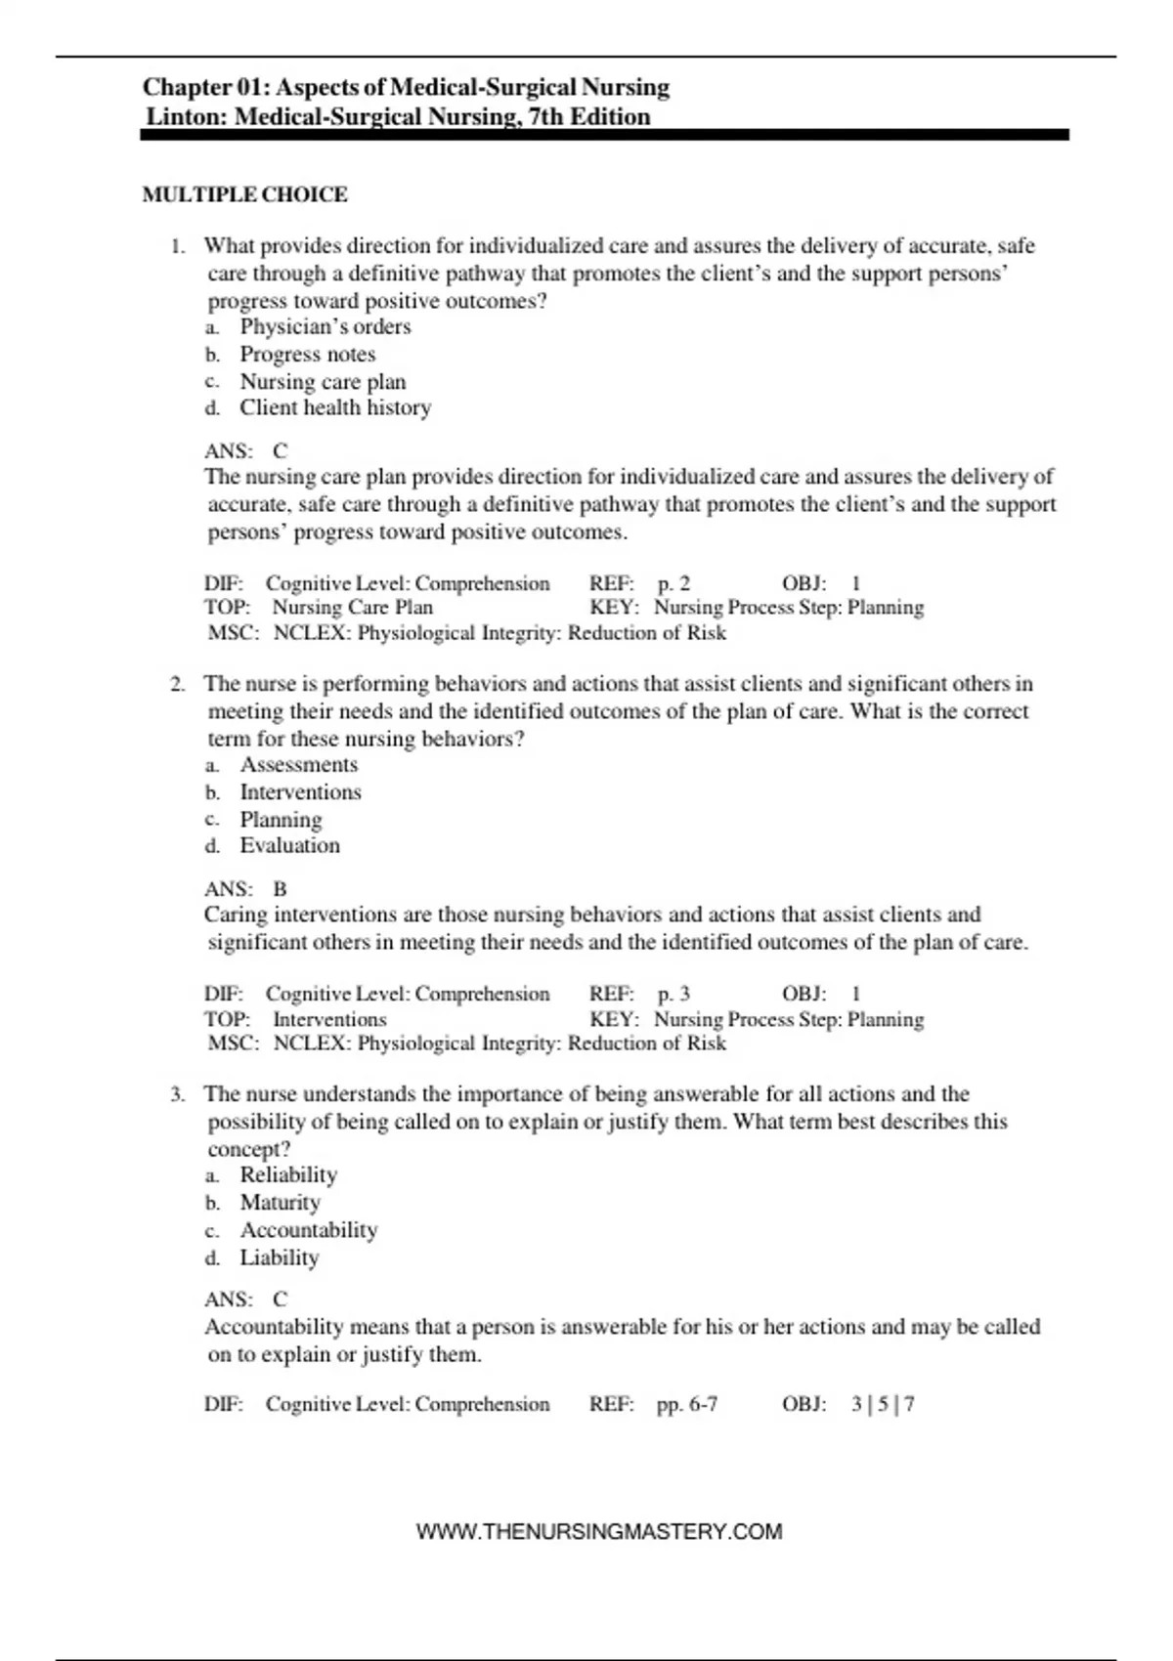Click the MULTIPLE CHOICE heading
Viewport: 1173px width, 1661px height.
[x=244, y=194]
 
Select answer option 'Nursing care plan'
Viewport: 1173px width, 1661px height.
[x=323, y=381]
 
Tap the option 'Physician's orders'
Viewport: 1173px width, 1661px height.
[x=326, y=326]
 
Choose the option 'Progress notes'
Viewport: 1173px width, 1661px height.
[x=308, y=354]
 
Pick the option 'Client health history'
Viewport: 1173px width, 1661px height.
[x=335, y=407]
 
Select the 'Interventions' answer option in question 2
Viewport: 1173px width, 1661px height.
[x=301, y=791]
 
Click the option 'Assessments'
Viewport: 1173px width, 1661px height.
[x=299, y=764]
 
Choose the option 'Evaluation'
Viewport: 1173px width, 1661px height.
[x=290, y=845]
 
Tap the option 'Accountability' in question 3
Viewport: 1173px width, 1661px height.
[x=309, y=1229]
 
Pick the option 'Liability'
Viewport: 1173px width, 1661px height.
[x=280, y=1257]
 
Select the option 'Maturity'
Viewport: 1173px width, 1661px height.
[x=281, y=1202]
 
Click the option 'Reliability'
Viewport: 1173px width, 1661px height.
[x=288, y=1174]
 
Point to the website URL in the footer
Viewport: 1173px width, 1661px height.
[x=599, y=1531]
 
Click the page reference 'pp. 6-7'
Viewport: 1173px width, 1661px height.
[x=687, y=1404]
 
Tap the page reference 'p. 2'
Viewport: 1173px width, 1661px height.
[x=673, y=583]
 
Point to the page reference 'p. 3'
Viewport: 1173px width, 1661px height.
[x=673, y=994]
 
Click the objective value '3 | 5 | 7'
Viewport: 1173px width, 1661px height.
[x=883, y=1404]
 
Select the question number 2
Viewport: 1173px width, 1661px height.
[x=177, y=684]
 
